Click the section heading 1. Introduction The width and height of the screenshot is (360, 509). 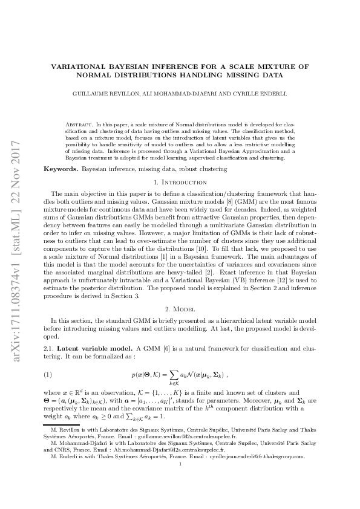click(x=180, y=183)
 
